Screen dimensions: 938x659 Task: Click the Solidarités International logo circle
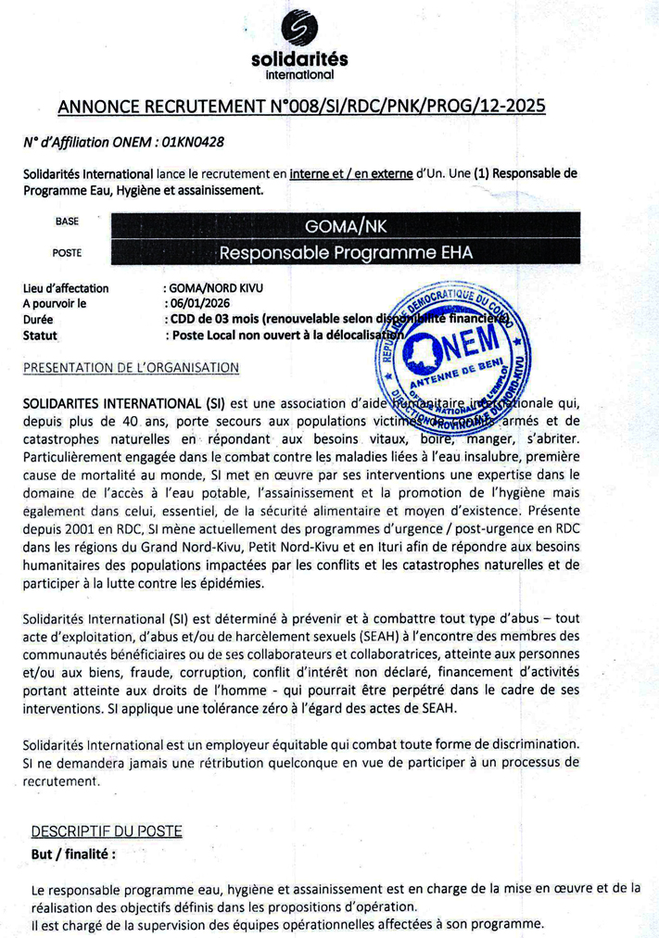pos(298,29)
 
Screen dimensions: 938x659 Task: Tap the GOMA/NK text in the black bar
pos(345,225)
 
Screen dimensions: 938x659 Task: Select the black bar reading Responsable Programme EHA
pos(345,252)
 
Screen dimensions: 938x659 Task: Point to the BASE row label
pos(68,222)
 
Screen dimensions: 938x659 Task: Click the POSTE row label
pos(67,252)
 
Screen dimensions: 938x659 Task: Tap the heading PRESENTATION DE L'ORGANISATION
pos(132,368)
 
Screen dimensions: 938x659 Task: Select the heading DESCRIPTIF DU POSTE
pos(107,830)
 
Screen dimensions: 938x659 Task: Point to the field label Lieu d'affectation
pos(66,288)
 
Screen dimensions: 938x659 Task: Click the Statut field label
pos(40,335)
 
